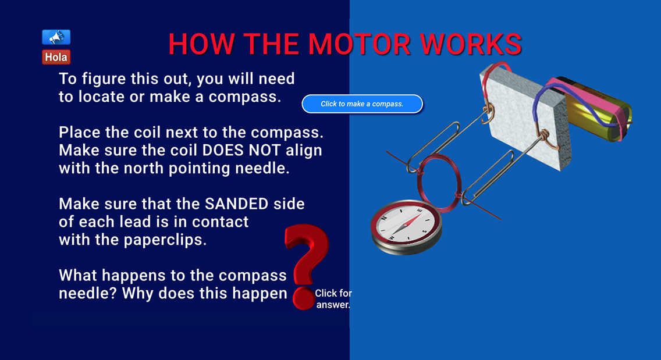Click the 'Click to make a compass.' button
[x=362, y=104]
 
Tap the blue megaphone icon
[x=56, y=38]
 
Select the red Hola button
[x=56, y=57]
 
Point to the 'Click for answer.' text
[x=333, y=299]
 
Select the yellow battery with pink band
[x=599, y=111]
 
